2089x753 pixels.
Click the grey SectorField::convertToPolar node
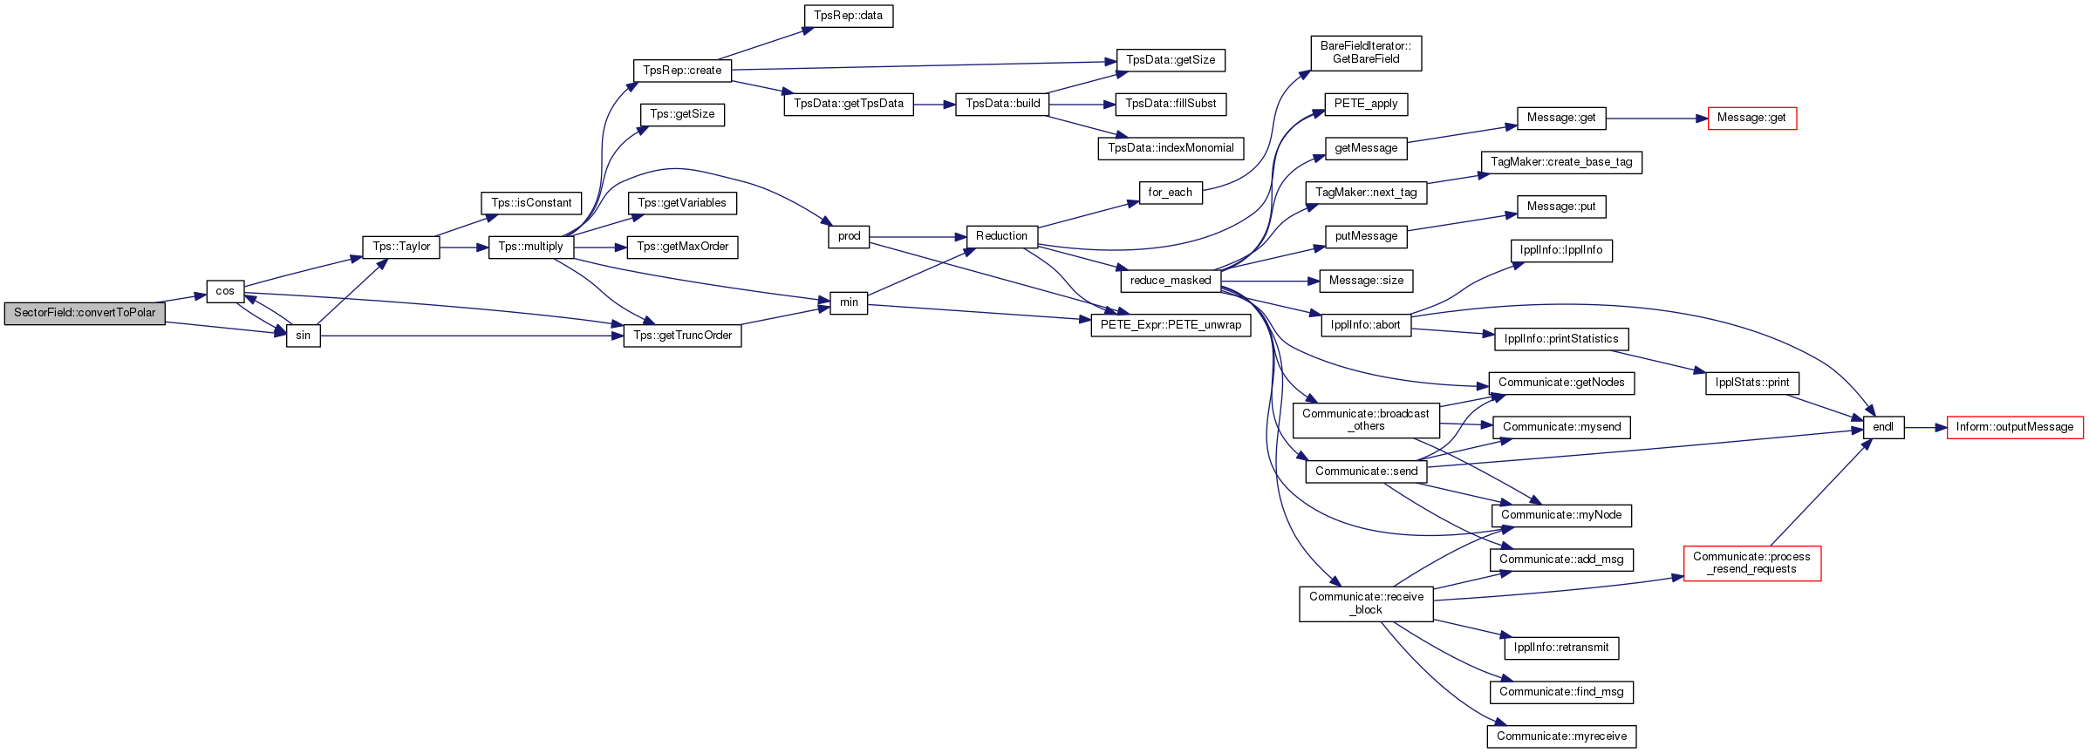point(85,313)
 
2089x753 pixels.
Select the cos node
point(225,291)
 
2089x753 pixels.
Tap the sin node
point(304,336)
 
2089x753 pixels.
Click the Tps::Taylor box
point(401,247)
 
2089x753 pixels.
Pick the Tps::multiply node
point(531,247)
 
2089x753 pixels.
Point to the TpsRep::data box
point(848,16)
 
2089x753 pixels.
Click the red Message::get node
point(1751,118)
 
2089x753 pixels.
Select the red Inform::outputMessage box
point(2015,427)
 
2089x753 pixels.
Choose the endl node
point(1883,427)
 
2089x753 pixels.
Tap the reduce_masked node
point(1171,281)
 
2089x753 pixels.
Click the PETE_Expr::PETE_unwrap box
point(1171,325)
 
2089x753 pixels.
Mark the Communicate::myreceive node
point(1561,736)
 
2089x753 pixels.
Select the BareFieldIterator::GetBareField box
point(1366,52)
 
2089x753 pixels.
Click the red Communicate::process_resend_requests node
point(1751,563)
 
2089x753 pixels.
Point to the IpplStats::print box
point(1751,383)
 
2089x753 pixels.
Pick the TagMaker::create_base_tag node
point(1561,162)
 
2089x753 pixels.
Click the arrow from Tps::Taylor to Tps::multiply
point(464,248)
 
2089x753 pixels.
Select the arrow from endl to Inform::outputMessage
point(1925,428)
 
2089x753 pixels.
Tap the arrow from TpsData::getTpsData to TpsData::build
point(934,105)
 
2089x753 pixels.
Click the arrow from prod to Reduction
point(918,237)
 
